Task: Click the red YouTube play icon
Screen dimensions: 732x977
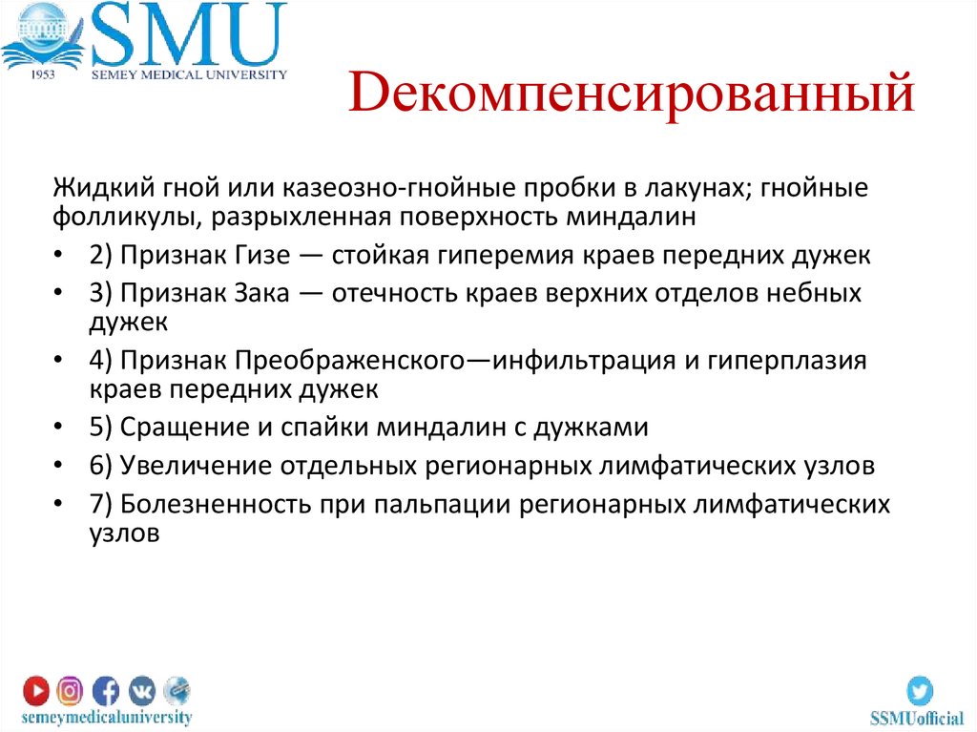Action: pos(36,689)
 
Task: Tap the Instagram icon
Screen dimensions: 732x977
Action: pos(71,689)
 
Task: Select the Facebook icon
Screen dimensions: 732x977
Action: pos(106,689)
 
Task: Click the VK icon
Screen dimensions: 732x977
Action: pos(141,689)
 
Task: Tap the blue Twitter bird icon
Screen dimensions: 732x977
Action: pos(920,690)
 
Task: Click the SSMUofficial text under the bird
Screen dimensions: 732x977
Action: pos(917,718)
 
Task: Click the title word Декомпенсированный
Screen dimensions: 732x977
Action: pos(632,97)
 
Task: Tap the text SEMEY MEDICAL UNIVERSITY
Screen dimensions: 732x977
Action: pos(188,74)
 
